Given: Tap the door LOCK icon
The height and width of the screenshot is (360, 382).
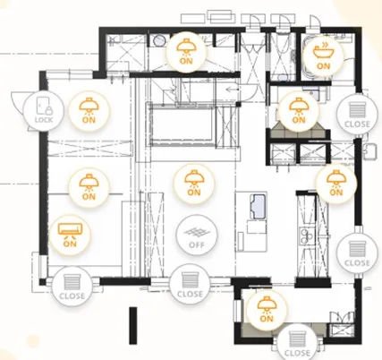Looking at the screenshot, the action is point(44,111).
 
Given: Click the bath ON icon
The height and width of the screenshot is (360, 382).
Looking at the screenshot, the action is point(323,55).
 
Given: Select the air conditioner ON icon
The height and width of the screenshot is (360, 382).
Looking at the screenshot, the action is point(70,235).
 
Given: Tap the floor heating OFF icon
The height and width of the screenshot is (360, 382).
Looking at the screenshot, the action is point(197,235).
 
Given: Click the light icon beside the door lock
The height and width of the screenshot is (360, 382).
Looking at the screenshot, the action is point(89,111).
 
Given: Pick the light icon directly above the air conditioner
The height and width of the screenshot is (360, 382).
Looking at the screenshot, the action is point(89,187).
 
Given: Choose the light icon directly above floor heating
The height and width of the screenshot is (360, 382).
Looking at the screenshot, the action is point(194,184).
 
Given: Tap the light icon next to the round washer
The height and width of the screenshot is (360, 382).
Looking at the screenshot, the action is point(186,52).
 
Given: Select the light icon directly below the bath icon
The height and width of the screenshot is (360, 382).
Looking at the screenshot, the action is point(299,111).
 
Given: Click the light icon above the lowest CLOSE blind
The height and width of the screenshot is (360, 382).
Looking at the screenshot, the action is point(267,309).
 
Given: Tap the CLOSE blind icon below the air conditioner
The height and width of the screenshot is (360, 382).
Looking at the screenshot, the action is point(72,287).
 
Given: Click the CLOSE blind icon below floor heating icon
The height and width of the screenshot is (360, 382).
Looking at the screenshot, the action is point(190,284).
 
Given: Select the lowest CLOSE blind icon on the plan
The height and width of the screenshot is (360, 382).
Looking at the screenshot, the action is point(297,343).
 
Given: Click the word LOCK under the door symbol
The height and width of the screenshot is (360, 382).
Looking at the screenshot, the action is point(44,120).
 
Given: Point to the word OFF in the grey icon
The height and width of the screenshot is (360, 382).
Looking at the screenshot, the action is point(197,244).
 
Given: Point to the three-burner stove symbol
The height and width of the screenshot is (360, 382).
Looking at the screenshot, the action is point(307,236).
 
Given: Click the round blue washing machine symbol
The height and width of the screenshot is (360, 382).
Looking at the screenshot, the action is point(159,40).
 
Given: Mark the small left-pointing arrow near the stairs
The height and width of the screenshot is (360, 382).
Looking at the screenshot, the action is point(231,89).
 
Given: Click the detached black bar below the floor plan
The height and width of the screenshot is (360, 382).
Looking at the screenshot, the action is point(133,325).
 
